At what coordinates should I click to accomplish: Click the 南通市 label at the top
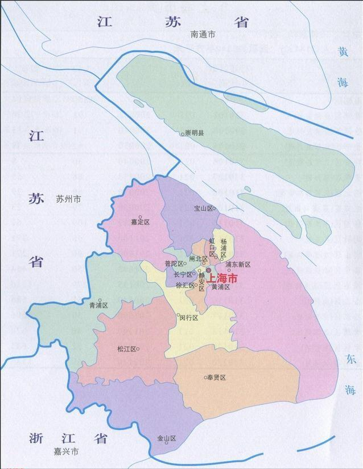(x=203, y=35)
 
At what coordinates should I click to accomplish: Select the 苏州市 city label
(x=68, y=199)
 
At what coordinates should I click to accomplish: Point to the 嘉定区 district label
(x=139, y=222)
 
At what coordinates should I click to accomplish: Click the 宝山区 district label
(x=203, y=209)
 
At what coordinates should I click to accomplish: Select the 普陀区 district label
(x=172, y=264)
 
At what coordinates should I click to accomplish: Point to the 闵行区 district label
(x=189, y=318)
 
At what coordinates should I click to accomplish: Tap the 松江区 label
(x=126, y=349)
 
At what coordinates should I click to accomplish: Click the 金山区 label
(x=167, y=439)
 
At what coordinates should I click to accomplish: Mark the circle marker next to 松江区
(x=138, y=349)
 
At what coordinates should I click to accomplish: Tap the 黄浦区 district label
(x=220, y=287)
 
